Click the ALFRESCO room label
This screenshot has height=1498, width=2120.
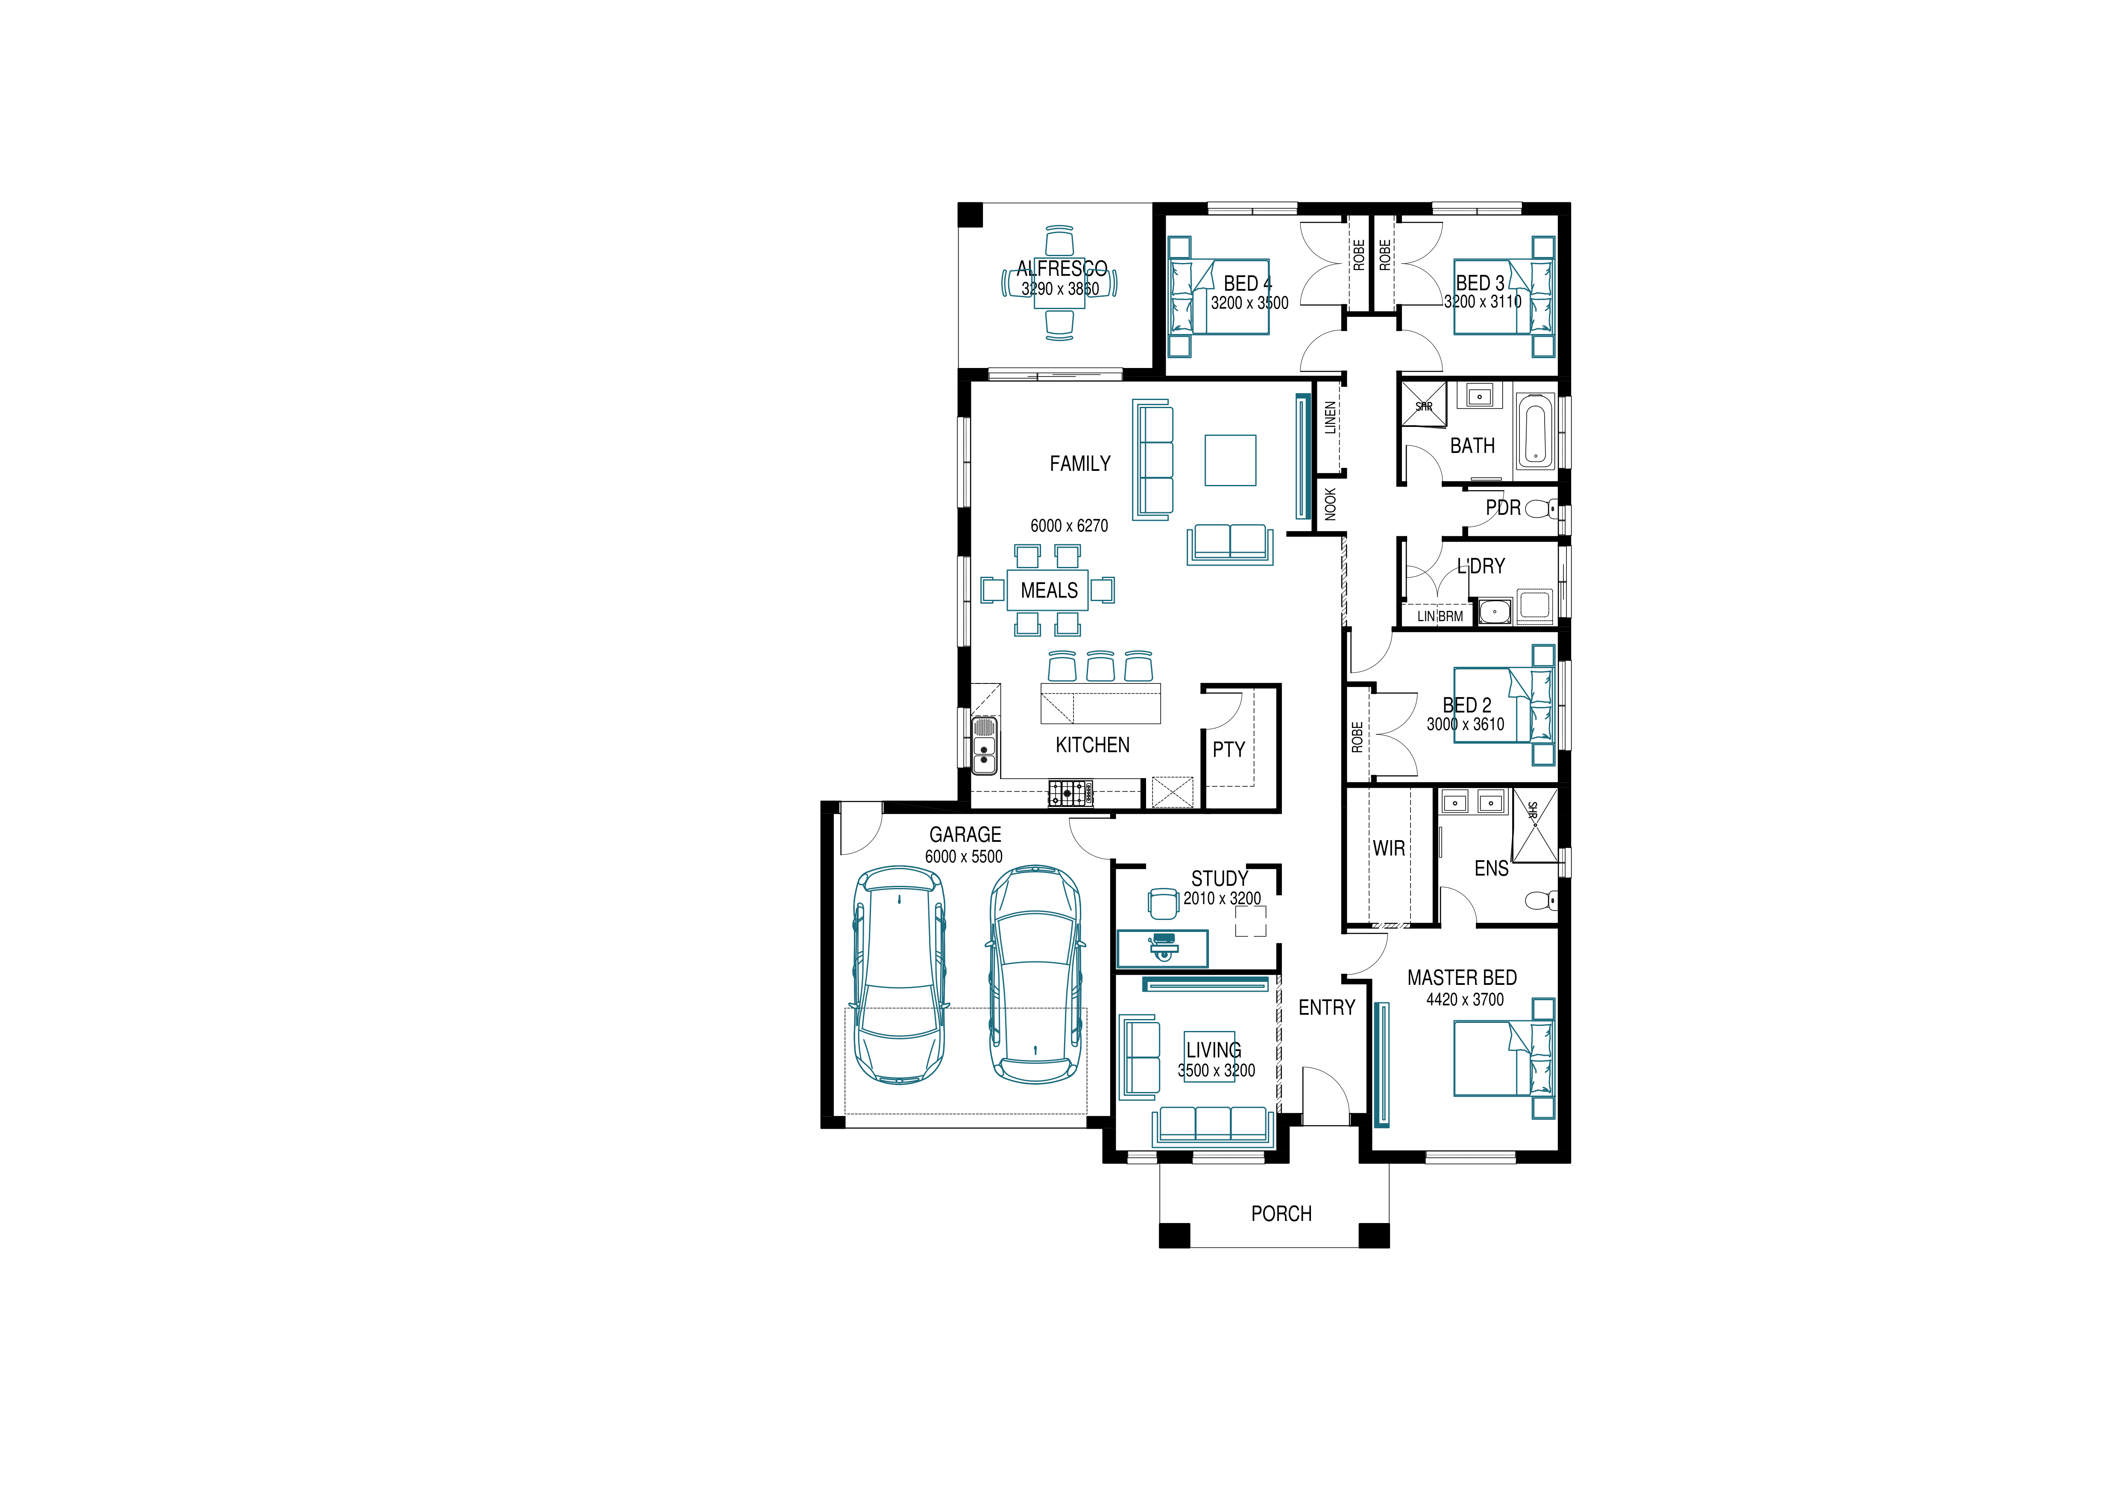(1062, 269)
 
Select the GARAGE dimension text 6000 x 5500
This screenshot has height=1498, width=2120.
(964, 856)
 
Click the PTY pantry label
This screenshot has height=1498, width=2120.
(1229, 750)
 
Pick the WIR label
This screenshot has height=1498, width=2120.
(1389, 848)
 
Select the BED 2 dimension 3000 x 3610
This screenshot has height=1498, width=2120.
(1465, 724)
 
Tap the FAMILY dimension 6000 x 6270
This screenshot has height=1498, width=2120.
(1069, 526)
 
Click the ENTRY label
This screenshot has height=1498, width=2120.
(1327, 1008)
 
